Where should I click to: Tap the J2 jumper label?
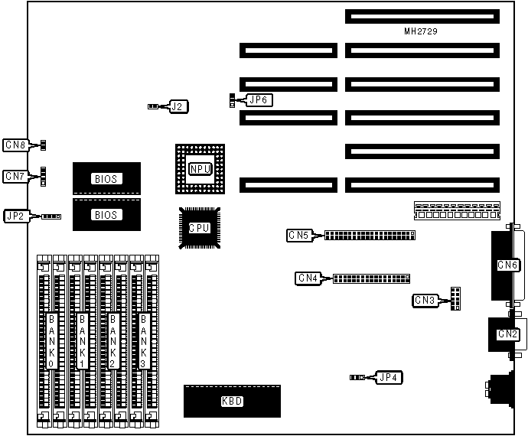[177, 106]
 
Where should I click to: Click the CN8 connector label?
[15, 144]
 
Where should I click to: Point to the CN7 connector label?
[15, 176]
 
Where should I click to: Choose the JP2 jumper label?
[16, 216]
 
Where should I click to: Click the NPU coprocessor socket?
[200, 168]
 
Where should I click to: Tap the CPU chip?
[199, 227]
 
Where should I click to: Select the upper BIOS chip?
[107, 178]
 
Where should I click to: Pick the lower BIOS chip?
[107, 215]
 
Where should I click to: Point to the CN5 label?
[299, 236]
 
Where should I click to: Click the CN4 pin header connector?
[371, 278]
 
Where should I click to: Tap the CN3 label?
[424, 300]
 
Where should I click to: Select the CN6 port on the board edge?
[507, 265]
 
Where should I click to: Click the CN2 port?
[507, 334]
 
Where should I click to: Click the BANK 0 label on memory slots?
[52, 341]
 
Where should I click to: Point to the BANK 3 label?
[144, 341]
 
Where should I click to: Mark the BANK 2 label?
[113, 341]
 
